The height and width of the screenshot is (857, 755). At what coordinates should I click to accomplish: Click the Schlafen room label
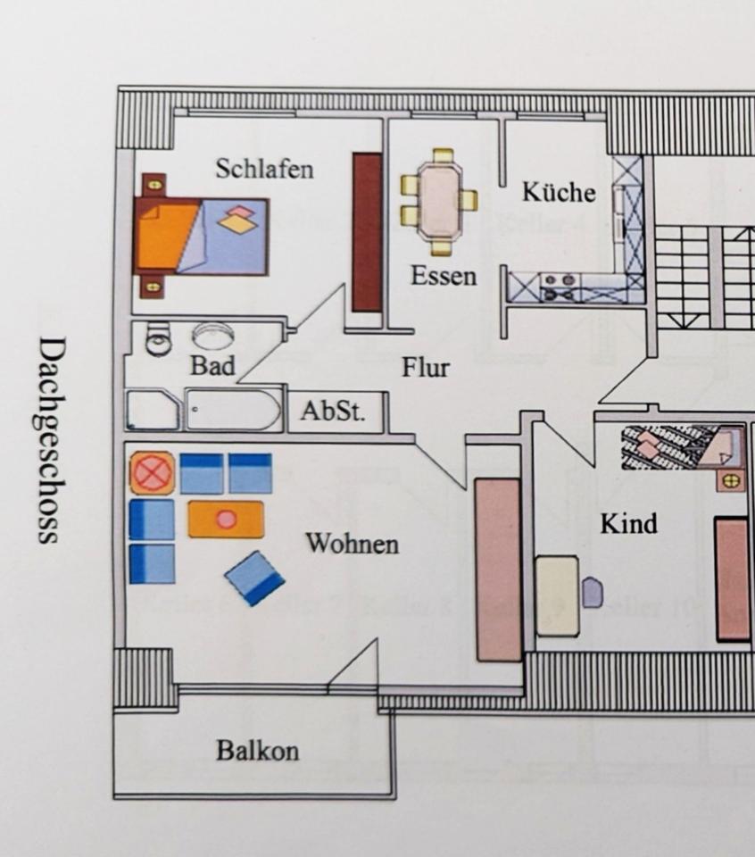[x=264, y=169]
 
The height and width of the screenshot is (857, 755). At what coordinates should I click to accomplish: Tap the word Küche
[x=559, y=192]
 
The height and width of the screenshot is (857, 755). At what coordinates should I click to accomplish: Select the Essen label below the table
[x=443, y=276]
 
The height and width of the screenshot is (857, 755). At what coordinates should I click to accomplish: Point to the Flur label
[x=425, y=367]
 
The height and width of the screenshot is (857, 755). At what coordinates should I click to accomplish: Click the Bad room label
[x=212, y=365]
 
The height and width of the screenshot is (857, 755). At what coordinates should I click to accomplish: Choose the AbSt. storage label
[x=332, y=412]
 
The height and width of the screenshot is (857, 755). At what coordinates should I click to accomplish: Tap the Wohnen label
[x=353, y=544]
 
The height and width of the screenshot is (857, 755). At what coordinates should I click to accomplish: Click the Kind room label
[x=628, y=523]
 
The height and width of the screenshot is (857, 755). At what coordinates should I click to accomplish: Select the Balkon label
[x=257, y=751]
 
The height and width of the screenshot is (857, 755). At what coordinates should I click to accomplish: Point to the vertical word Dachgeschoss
[x=51, y=439]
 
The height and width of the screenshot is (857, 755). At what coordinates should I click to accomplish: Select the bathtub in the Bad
[x=234, y=410]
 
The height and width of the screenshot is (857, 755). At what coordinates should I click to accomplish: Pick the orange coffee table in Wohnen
[x=226, y=519]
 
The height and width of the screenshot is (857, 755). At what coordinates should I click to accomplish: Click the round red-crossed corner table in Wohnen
[x=153, y=472]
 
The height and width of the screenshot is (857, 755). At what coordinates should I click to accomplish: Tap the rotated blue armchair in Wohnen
[x=255, y=578]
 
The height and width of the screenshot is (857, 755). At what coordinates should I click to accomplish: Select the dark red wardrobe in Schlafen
[x=366, y=232]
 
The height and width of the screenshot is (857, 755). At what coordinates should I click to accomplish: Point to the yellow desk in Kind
[x=557, y=595]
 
